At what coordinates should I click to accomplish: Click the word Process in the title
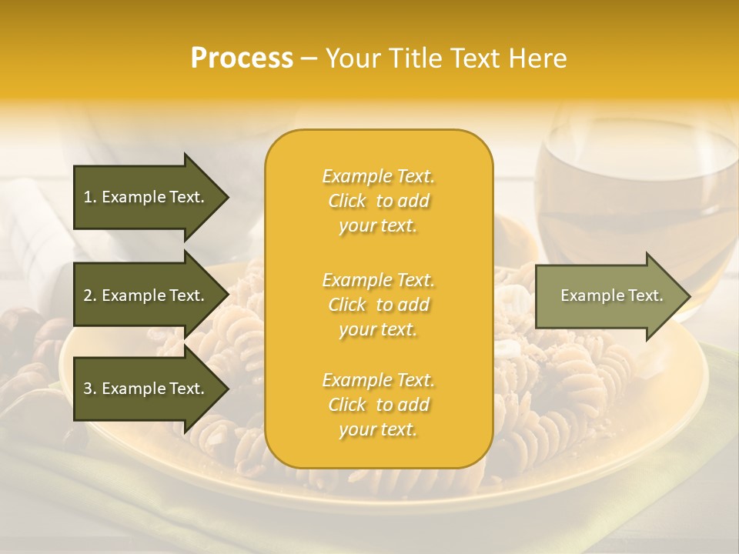click(242, 58)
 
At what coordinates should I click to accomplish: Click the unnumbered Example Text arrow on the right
click(612, 296)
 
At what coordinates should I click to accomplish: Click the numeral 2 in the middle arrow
click(87, 295)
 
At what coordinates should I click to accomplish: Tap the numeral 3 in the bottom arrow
click(87, 389)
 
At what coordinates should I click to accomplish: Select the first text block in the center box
click(379, 201)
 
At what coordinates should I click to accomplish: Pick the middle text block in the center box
click(379, 305)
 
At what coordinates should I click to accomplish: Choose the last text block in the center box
click(379, 405)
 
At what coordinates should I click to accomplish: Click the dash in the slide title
click(309, 58)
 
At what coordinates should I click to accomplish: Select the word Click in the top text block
click(347, 201)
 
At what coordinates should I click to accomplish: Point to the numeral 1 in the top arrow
click(87, 197)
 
